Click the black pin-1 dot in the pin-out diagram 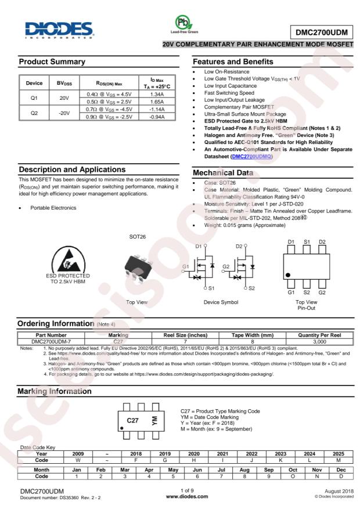pos(288,275)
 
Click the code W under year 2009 pos(78,459)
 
